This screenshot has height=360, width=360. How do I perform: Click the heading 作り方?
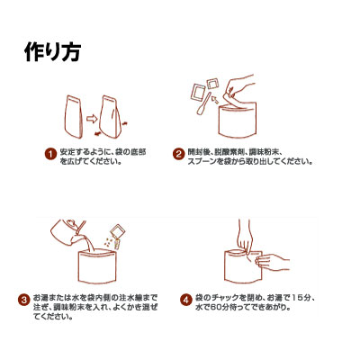52,52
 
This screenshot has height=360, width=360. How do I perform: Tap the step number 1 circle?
50,154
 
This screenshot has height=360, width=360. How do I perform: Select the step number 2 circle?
179,154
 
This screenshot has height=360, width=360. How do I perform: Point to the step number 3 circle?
23,300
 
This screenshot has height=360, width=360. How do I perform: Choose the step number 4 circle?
186,300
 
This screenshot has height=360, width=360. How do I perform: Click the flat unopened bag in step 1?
74,116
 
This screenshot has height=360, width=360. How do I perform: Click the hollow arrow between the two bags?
91,119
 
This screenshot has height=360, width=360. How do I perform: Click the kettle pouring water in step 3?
67,232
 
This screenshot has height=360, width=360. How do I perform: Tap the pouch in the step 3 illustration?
97,267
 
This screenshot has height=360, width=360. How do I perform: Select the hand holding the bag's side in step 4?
272,261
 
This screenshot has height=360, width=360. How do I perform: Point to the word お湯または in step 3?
51,298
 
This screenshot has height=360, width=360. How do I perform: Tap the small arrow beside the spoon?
215,99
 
